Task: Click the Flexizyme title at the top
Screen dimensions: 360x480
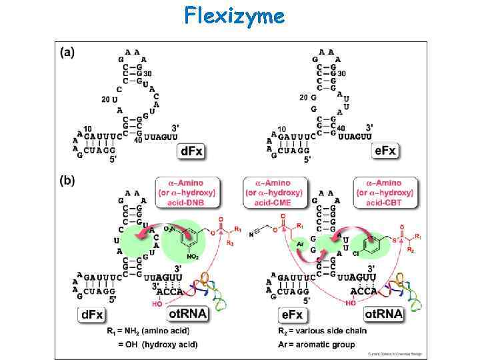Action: click(x=235, y=15)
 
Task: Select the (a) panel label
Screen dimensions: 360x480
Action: click(x=67, y=52)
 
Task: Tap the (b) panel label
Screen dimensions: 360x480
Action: click(x=67, y=179)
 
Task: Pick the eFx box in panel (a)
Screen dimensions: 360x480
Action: click(x=385, y=151)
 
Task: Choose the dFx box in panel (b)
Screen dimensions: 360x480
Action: click(x=95, y=314)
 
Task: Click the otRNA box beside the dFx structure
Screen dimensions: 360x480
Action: click(x=187, y=313)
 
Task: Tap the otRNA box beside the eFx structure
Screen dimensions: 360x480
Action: click(x=383, y=313)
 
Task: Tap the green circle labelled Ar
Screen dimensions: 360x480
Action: click(x=300, y=245)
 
